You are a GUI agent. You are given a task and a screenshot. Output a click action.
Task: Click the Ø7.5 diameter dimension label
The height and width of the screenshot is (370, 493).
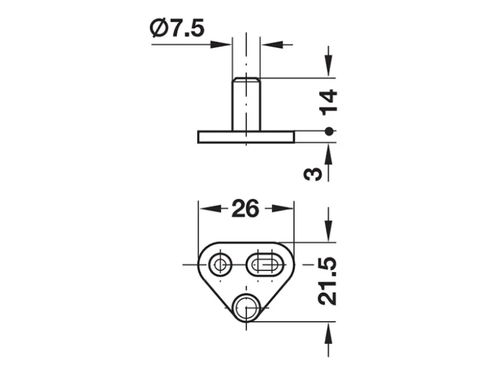[x=178, y=28]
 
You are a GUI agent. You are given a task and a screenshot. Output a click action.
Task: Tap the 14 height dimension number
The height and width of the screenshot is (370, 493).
[x=328, y=101]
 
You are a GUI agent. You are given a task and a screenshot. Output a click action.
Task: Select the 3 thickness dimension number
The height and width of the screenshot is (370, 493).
[x=313, y=174]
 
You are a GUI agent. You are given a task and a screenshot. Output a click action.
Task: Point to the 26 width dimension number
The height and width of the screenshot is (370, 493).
[x=245, y=208]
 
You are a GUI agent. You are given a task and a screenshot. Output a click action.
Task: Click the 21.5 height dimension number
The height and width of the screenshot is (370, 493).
[x=327, y=281]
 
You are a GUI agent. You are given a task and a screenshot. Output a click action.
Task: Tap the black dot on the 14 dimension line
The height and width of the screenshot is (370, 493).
[x=329, y=132]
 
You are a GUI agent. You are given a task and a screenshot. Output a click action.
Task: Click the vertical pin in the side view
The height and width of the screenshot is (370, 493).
[x=246, y=104]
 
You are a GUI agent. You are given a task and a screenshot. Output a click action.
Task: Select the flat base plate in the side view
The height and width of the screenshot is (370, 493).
[x=246, y=137]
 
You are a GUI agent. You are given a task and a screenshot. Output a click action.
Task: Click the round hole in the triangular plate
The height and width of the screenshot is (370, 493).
[x=221, y=264]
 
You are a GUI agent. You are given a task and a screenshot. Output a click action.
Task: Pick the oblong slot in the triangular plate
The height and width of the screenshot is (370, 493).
[x=265, y=264]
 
